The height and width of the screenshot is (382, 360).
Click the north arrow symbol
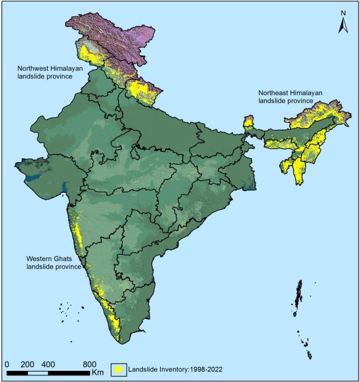(342, 26)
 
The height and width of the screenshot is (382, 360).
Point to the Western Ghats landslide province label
(54, 263)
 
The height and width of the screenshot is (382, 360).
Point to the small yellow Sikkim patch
(249, 121)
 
